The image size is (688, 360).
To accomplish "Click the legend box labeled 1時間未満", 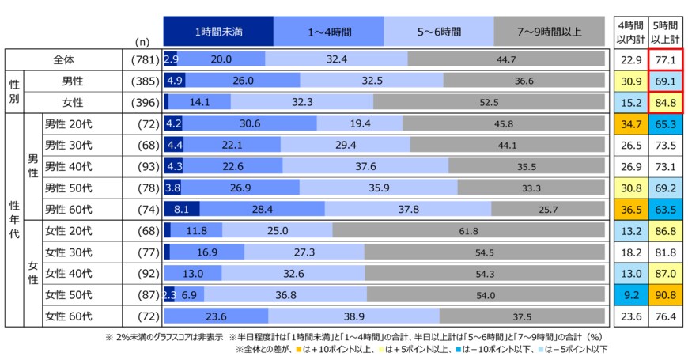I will pyautogui.click(x=217, y=32).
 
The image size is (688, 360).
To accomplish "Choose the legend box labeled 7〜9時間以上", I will pyautogui.click(x=549, y=32).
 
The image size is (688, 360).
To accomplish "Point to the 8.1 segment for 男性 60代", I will pyautogui.click(x=181, y=210).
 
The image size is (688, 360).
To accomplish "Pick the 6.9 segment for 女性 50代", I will pyautogui.click(x=189, y=295).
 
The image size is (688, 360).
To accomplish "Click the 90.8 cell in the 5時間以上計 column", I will pyautogui.click(x=664, y=295).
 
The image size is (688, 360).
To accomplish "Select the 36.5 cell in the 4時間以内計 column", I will pyautogui.click(x=629, y=210).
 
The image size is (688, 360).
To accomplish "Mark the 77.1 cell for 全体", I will pyautogui.click(x=664, y=59).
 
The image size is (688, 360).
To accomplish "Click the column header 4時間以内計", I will pyautogui.click(x=629, y=32).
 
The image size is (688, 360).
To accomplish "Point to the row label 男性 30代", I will pyautogui.click(x=68, y=146).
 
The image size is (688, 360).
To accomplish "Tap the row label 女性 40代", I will pyautogui.click(x=68, y=274).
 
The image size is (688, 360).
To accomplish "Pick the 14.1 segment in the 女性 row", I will pyautogui.click(x=200, y=102).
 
